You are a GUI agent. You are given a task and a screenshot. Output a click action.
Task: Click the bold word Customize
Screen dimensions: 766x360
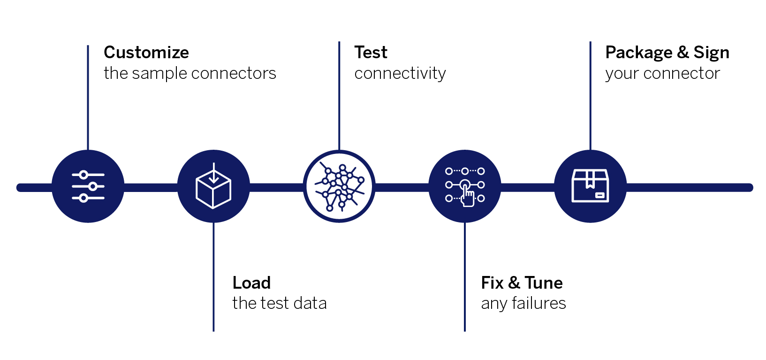pyautogui.click(x=146, y=53)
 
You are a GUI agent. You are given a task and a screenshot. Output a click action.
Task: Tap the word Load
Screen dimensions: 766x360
pyautogui.click(x=251, y=283)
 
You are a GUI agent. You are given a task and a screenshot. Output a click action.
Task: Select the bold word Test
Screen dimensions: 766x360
pyautogui.click(x=371, y=53)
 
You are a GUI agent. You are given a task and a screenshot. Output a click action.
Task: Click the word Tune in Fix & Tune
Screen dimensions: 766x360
pyautogui.click(x=544, y=283)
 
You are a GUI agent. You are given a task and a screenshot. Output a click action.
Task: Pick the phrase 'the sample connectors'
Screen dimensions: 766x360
pyautogui.click(x=190, y=73)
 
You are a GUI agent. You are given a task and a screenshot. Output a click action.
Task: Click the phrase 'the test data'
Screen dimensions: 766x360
pyautogui.click(x=280, y=303)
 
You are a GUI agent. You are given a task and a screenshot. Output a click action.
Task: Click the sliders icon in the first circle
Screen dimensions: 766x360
pyautogui.click(x=88, y=186)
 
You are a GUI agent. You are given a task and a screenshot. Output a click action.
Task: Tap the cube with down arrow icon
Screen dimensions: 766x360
pyautogui.click(x=213, y=186)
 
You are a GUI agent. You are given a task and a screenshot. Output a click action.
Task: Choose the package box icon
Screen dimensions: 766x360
pyautogui.click(x=590, y=186)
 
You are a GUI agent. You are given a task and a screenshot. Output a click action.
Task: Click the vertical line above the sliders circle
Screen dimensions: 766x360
pyautogui.click(x=88, y=98)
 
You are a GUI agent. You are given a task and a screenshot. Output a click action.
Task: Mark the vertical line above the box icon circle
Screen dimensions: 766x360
pyautogui.click(x=590, y=96)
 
